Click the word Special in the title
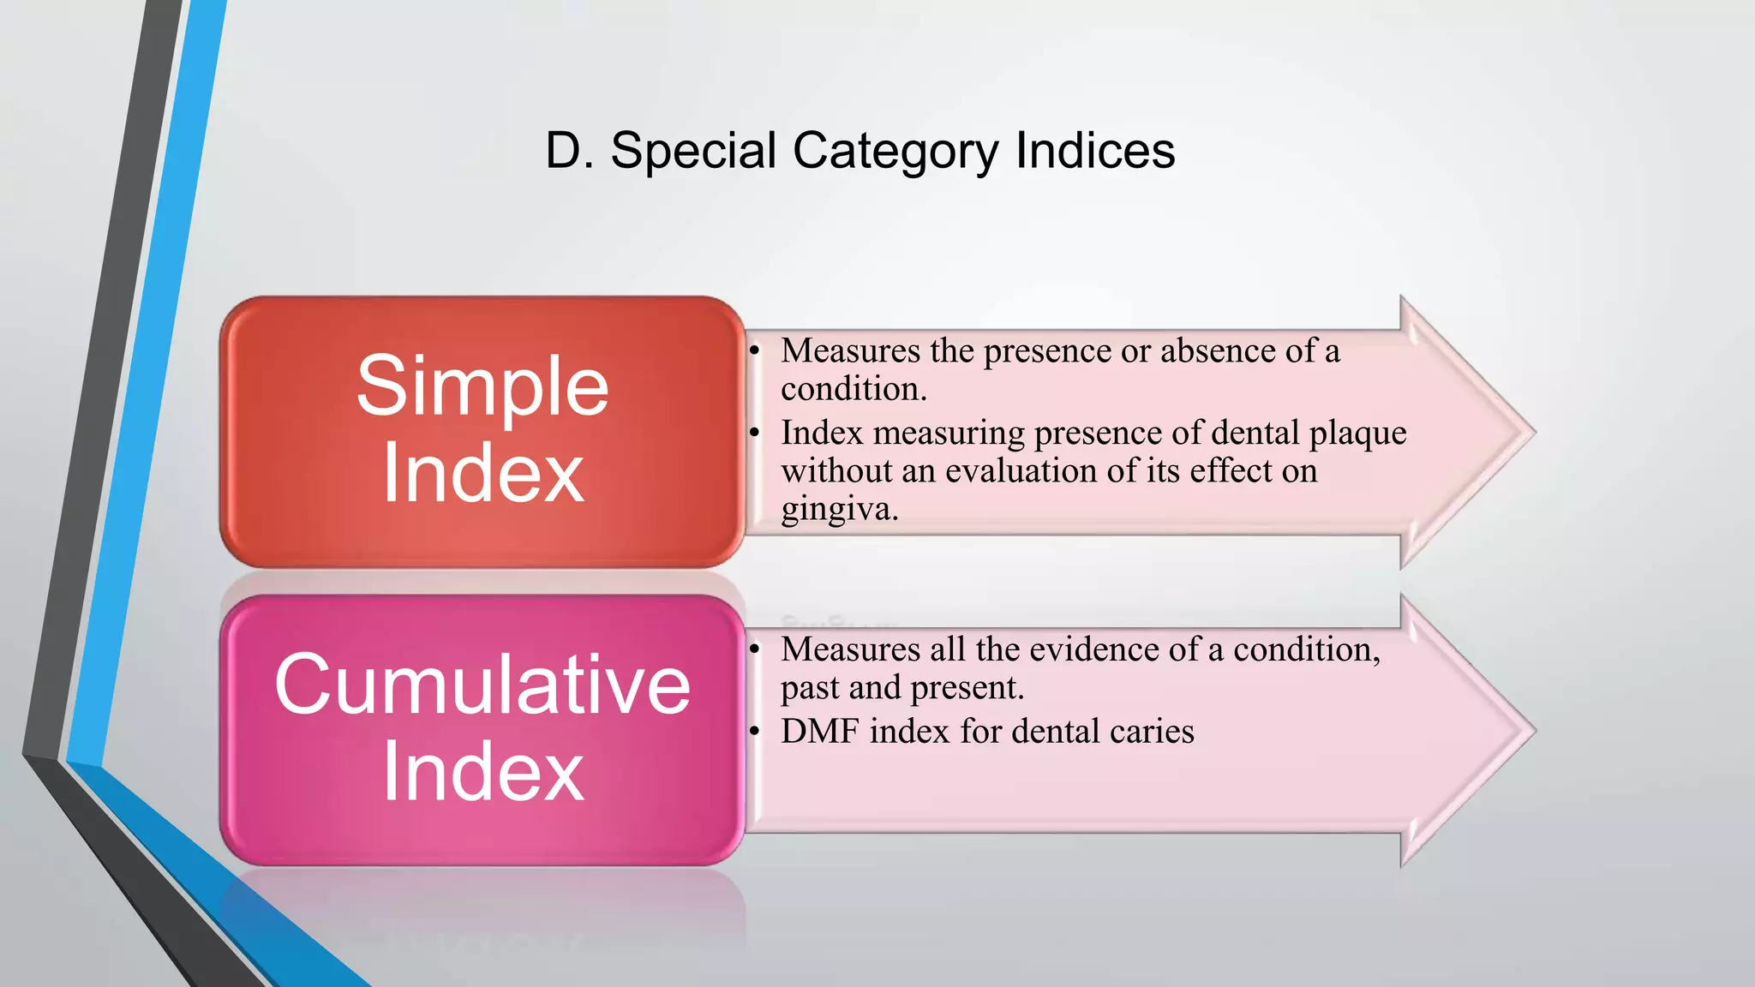[x=692, y=151]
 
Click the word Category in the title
[x=895, y=153]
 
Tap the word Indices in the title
[x=1094, y=151]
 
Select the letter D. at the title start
[x=568, y=151]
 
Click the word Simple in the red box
[x=482, y=387]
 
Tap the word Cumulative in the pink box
[x=482, y=684]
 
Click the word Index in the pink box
[x=482, y=772]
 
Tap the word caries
[x=1151, y=732]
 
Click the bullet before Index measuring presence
[x=754, y=433]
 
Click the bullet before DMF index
[x=754, y=731]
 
